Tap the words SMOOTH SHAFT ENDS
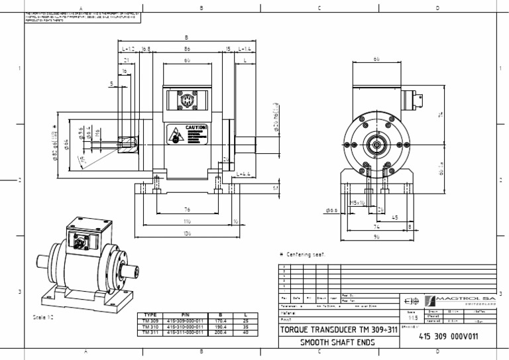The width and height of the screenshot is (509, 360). pos(337,343)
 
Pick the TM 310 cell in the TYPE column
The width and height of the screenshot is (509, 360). pos(150,327)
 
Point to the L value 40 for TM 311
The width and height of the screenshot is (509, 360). pos(245,333)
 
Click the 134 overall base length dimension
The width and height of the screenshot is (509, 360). pos(188,233)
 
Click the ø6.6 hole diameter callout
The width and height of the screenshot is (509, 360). pos(332,211)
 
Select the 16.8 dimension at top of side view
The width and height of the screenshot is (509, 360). pos(146,49)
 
